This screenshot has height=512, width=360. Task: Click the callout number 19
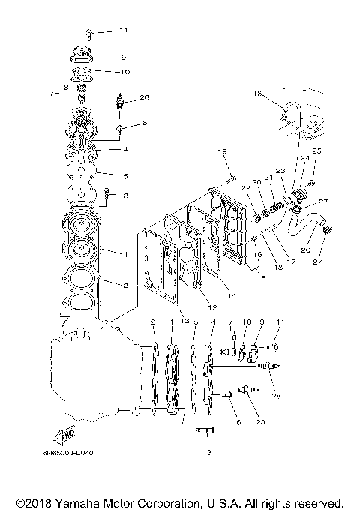coord(222,152)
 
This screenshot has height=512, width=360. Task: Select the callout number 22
coord(245,187)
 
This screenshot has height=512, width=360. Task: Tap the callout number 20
coord(256,182)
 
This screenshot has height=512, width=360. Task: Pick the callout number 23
coord(280,171)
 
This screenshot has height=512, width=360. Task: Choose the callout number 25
coord(316,151)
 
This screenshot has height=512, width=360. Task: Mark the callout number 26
coord(306,250)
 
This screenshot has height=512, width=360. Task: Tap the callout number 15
coord(261,279)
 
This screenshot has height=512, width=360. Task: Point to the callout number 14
coord(231,297)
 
